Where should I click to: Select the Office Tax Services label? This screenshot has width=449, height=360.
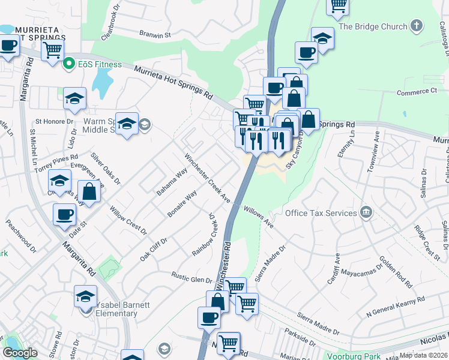click(321, 213)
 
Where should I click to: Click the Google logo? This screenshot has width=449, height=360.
click(20, 353)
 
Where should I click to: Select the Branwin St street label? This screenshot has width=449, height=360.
click(151, 35)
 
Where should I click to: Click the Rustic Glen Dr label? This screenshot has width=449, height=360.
click(192, 280)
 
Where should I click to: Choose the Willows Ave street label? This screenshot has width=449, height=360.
click(259, 217)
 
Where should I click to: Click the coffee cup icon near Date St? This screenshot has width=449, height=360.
click(64, 214)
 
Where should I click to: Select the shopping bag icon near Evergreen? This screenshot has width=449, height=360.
click(89, 192)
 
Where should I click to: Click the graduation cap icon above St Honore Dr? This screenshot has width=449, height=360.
click(75, 98)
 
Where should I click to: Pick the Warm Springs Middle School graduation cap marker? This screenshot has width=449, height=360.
click(127, 124)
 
